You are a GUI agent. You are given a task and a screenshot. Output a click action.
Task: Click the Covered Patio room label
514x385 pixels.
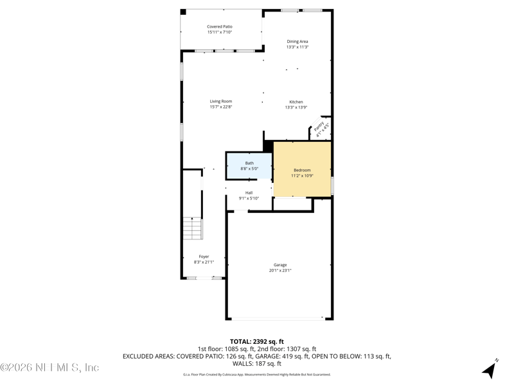click(x=220, y=26)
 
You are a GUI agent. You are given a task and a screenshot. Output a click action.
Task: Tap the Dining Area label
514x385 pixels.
click(x=297, y=42)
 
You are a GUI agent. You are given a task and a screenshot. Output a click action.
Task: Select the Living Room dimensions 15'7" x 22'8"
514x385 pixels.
click(x=220, y=107)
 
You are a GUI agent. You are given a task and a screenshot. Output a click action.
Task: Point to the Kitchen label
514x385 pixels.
click(x=296, y=102)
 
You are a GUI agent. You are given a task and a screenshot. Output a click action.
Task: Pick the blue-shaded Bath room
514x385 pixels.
click(x=249, y=166)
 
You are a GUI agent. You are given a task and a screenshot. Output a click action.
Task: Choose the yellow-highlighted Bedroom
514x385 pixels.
click(x=302, y=170)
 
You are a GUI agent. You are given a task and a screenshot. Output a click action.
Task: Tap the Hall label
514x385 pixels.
click(x=249, y=193)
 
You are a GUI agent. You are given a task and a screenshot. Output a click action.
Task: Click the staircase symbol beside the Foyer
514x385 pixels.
click(x=192, y=228)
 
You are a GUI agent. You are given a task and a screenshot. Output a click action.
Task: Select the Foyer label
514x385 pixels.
click(x=204, y=257)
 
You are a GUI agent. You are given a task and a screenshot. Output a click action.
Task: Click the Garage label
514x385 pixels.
click(x=280, y=265)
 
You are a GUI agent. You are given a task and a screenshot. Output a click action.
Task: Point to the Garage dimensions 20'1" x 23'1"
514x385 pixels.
click(x=280, y=271)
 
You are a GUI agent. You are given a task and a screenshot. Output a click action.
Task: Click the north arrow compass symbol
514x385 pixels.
click(x=491, y=369)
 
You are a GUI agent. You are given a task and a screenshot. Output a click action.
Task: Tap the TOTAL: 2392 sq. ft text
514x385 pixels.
click(x=257, y=341)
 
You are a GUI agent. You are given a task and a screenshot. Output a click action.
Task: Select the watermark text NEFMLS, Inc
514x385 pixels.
click(x=49, y=368)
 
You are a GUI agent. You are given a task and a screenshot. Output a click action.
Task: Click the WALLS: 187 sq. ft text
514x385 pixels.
click(x=257, y=363)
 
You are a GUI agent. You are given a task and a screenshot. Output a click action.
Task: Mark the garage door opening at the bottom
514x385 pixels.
click(x=278, y=319)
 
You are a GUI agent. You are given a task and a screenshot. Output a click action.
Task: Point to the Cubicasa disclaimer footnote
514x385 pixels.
click(x=257, y=374)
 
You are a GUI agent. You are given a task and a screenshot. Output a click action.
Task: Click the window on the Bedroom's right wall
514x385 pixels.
click(x=332, y=185)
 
